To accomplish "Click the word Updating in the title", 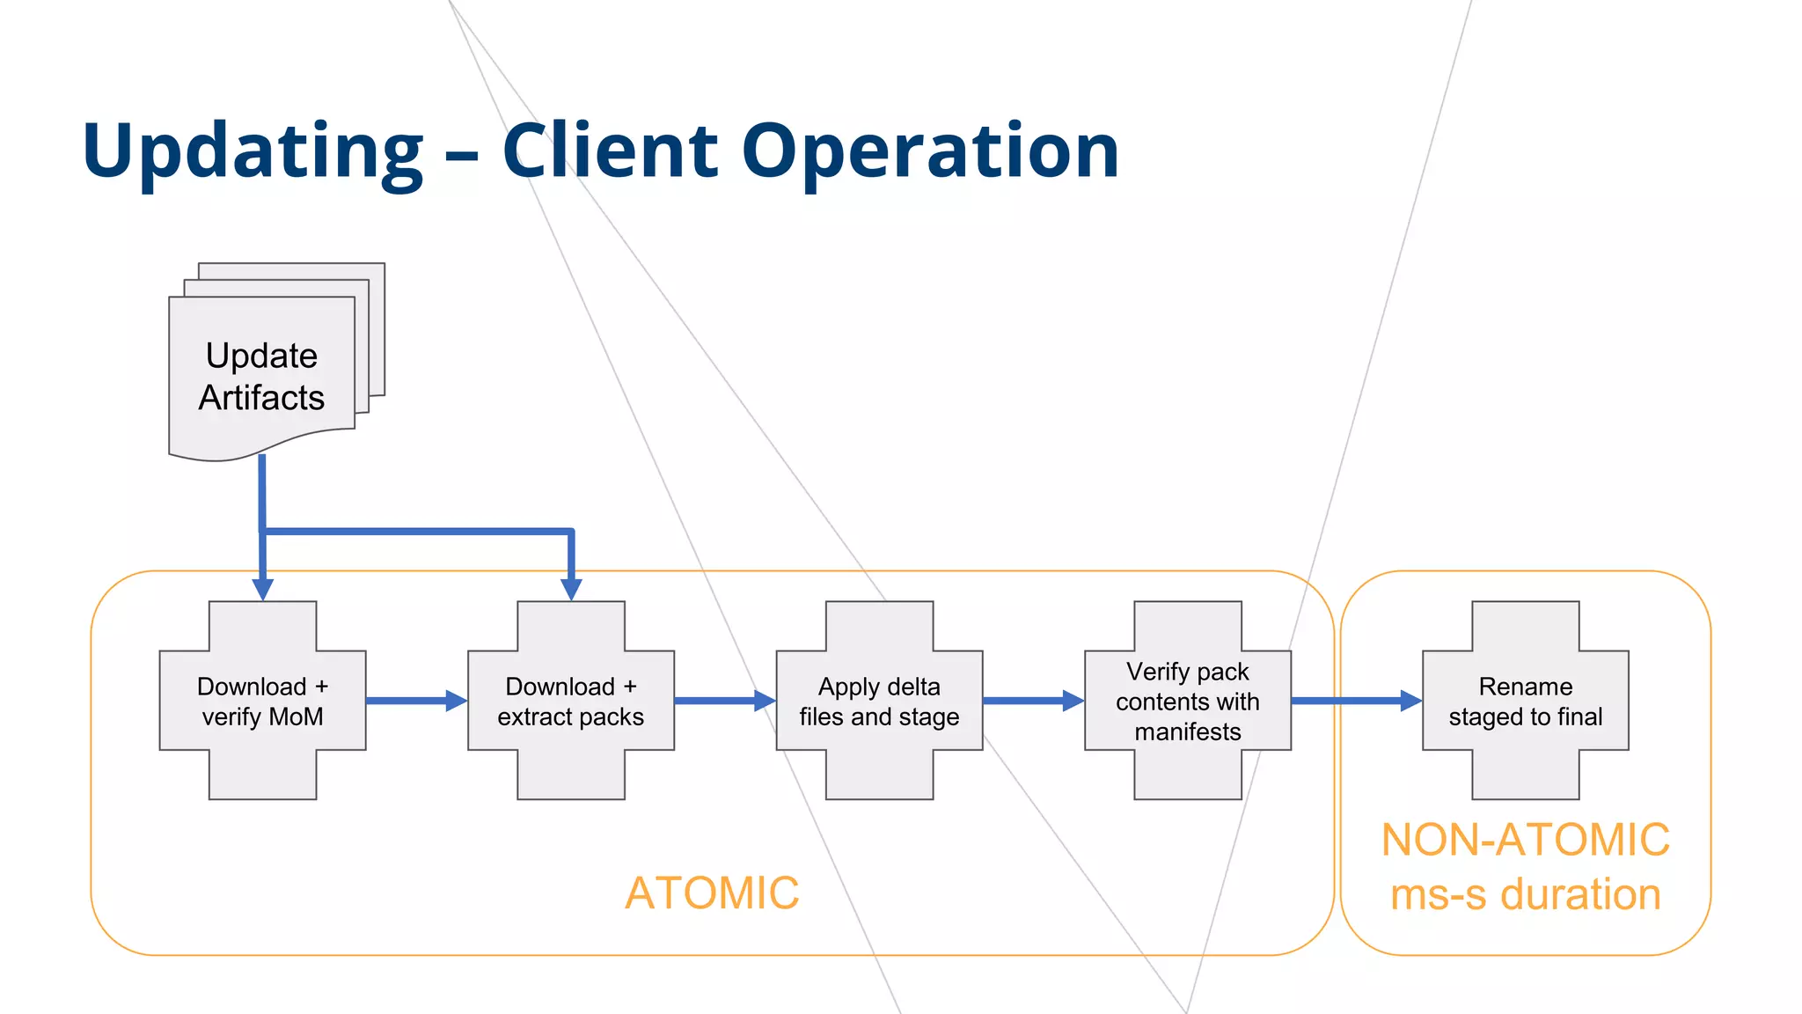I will (x=253, y=151).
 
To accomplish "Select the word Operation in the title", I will (x=930, y=151).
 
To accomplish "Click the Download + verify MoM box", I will (x=262, y=701).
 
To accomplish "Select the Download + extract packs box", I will (x=571, y=701).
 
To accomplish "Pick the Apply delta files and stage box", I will (x=879, y=701).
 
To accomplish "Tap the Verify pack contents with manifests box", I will (x=1188, y=701).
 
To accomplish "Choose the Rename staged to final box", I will (x=1525, y=701).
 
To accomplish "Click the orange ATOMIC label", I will (x=712, y=893).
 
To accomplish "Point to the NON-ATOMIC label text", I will (x=1525, y=839).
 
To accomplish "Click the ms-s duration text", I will (x=1525, y=894).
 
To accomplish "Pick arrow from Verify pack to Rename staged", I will (x=1355, y=701).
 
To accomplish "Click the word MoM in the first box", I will (x=296, y=716).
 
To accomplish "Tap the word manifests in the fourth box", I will (x=1188, y=731).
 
